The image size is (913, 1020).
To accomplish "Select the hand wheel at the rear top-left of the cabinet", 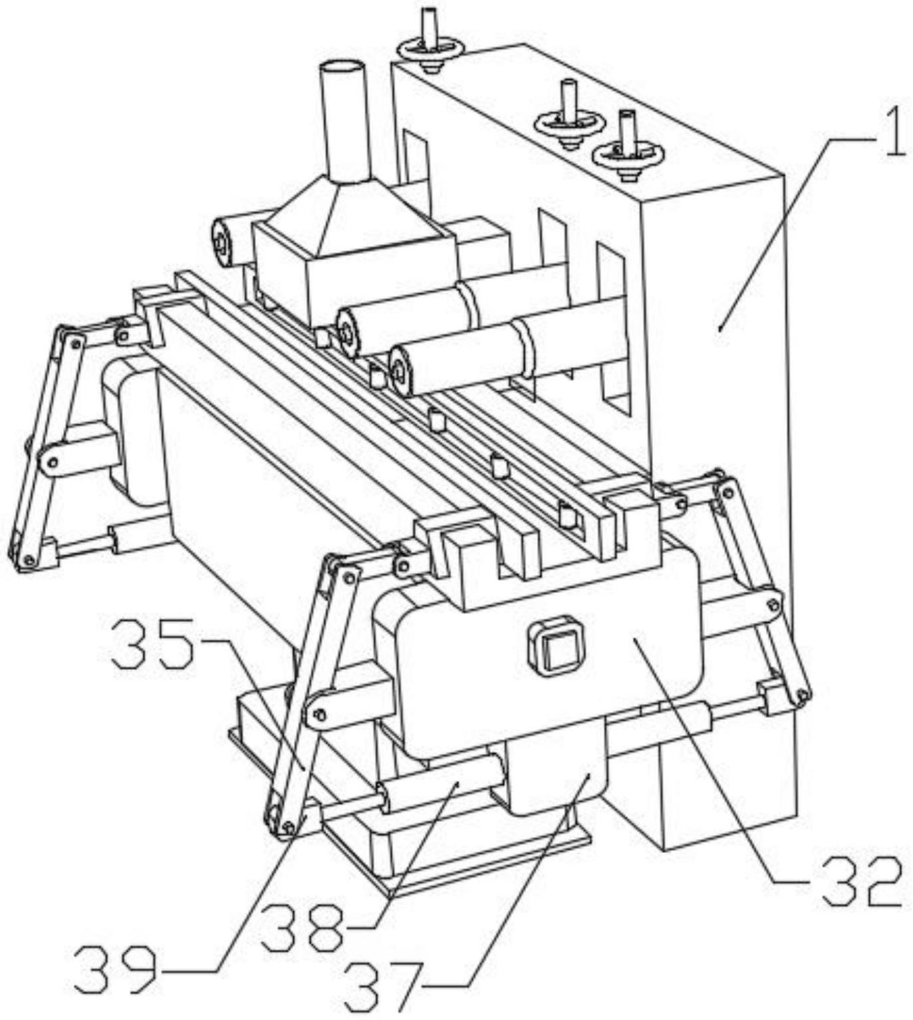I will tap(430, 49).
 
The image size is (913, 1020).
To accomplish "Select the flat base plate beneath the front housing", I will tap(465, 858).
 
